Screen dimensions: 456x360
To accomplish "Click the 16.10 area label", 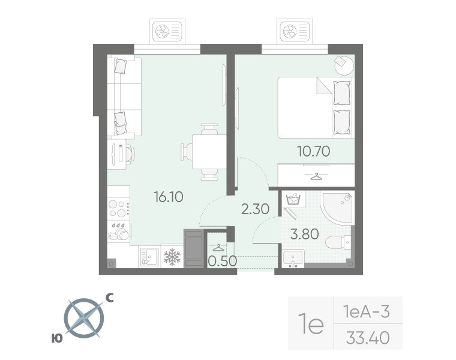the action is pyautogui.click(x=169, y=197).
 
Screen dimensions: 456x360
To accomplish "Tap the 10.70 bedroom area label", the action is pyautogui.click(x=313, y=151).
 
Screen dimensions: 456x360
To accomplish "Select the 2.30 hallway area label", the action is pyautogui.click(x=256, y=209).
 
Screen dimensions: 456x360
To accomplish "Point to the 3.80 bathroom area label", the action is pyautogui.click(x=304, y=234).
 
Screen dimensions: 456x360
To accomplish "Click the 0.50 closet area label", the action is pyautogui.click(x=223, y=261).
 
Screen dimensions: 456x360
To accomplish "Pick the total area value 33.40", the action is pyautogui.click(x=368, y=338).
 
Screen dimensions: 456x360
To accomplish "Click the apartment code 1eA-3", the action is pyautogui.click(x=367, y=311).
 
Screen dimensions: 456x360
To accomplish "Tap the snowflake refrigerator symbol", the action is pyautogui.click(x=172, y=257).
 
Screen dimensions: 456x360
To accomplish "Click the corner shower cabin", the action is pyautogui.click(x=338, y=207).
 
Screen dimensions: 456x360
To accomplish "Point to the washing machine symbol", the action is pyautogui.click(x=293, y=199).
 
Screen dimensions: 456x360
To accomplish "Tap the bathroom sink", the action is pyautogui.click(x=293, y=258).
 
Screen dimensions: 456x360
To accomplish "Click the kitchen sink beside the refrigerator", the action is pyautogui.click(x=149, y=257).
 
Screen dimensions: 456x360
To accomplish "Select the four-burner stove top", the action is pyautogui.click(x=118, y=208).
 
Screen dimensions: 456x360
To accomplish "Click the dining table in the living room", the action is pyautogui.click(x=209, y=152).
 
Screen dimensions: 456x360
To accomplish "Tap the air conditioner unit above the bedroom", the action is pyautogui.click(x=295, y=31).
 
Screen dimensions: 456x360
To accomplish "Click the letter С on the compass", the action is pyautogui.click(x=109, y=298).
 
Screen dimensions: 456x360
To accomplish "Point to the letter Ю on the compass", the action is pyautogui.click(x=57, y=338).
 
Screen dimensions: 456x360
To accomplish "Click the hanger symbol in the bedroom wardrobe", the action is pyautogui.click(x=316, y=176).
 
